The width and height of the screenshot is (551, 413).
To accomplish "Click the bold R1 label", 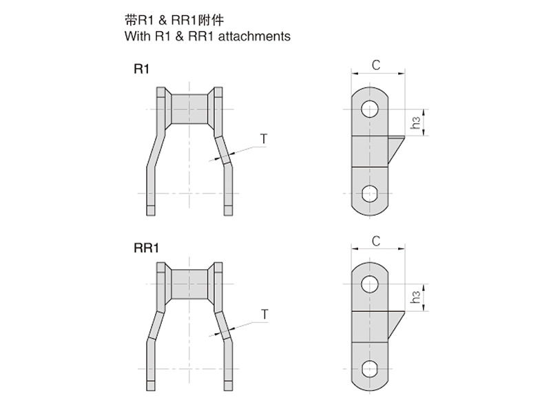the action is point(141,70).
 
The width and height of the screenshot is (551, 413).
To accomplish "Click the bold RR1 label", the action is point(146,248).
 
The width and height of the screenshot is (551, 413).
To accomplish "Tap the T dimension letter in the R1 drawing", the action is point(264,139).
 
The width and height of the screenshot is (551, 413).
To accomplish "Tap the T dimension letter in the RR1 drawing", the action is point(264,315).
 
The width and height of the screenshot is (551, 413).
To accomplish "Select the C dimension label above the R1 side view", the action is point(376,65).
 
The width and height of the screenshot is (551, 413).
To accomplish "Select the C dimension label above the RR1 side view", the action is point(376,242).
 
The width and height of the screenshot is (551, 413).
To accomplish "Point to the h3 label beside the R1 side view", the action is point(416,123).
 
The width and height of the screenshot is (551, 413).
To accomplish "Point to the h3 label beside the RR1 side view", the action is point(416,297).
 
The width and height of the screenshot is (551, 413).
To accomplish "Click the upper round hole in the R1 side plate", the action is point(370,109).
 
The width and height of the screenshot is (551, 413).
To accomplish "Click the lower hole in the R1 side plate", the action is point(370,193).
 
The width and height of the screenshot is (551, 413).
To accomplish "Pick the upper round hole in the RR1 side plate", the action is point(370,284).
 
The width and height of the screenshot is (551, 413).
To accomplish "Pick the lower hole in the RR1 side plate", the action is point(370,369).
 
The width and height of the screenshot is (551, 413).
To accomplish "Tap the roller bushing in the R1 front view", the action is point(189,109).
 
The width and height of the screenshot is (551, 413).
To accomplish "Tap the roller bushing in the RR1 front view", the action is point(189,284).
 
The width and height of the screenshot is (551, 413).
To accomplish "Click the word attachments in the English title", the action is point(254,36).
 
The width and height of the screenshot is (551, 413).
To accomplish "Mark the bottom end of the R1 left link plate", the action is point(151,215).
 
